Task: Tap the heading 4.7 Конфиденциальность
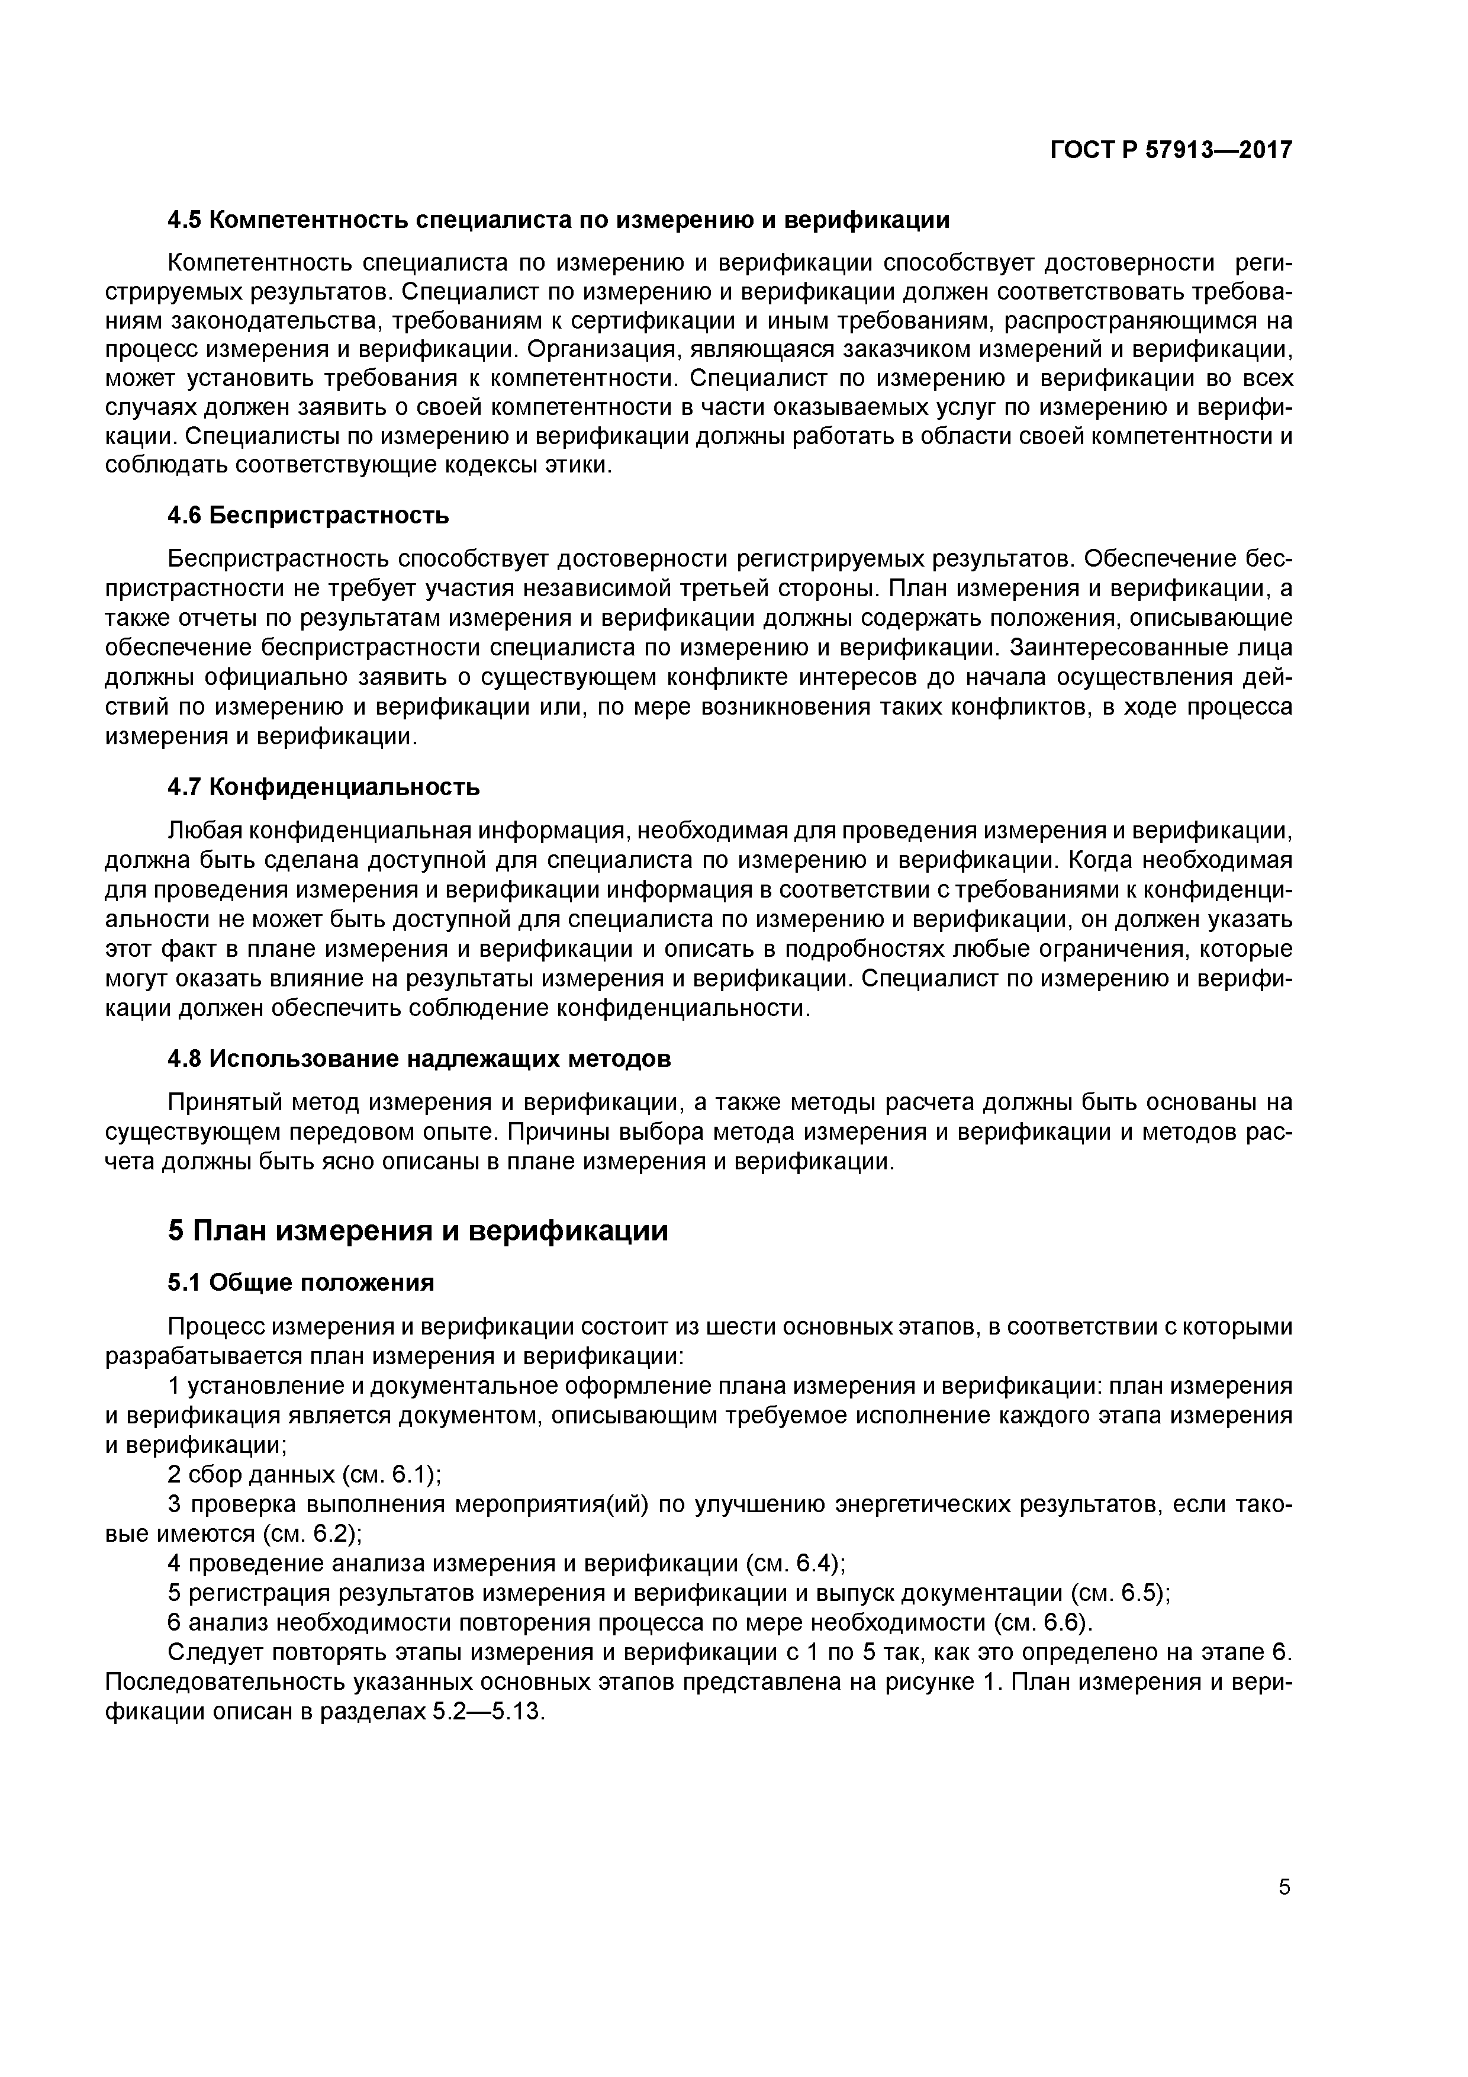point(324,787)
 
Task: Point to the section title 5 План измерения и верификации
point(418,1231)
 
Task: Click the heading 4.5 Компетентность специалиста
point(558,220)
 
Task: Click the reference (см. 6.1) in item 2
point(392,1474)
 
